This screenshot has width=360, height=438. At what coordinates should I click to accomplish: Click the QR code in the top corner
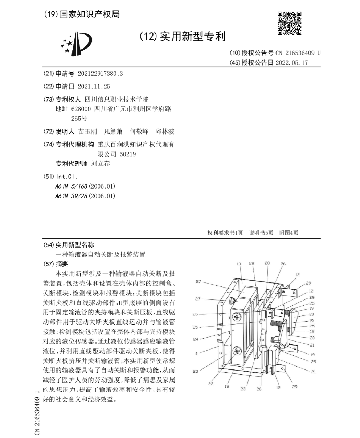pos(289,23)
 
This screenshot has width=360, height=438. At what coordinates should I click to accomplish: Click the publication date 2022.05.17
pos(291,62)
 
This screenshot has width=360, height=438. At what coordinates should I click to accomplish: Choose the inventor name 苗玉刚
pos(87,131)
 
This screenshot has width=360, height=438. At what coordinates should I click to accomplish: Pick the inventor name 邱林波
pos(165,131)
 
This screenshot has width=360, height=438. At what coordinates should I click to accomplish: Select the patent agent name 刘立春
pos(100,163)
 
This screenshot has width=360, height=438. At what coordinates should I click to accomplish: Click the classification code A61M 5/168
pos(85,186)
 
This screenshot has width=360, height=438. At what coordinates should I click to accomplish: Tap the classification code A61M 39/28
pos(85,196)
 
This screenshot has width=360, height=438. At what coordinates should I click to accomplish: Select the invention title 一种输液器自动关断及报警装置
pos(100,254)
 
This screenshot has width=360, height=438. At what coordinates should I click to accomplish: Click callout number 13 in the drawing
pos(238,264)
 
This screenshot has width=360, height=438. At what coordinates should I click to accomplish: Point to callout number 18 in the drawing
pos(227,387)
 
